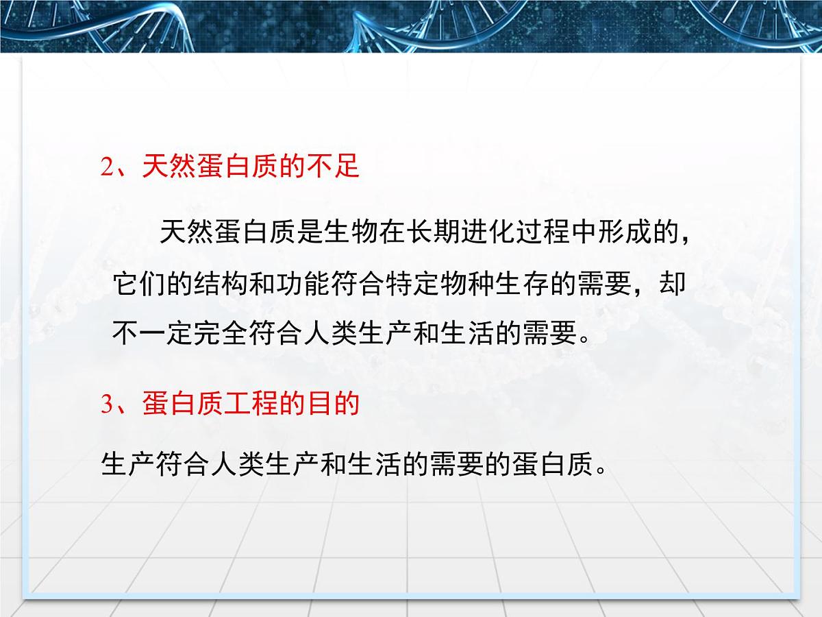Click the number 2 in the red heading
coord(106,167)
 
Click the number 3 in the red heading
coord(106,404)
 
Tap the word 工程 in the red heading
coord(251,404)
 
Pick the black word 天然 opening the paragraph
coord(186,233)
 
